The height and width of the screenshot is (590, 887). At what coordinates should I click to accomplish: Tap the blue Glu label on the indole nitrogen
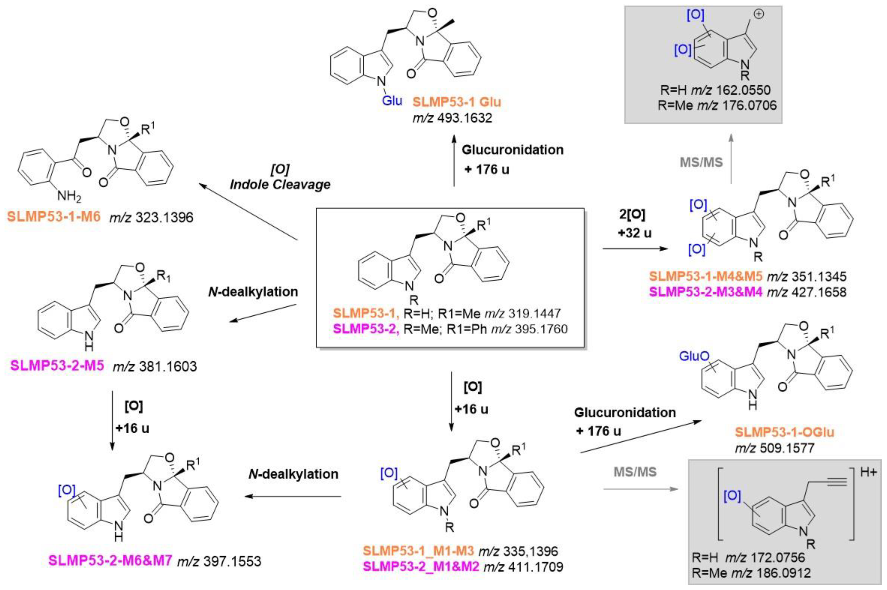(x=392, y=100)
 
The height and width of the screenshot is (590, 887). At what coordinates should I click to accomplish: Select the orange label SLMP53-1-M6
(x=54, y=217)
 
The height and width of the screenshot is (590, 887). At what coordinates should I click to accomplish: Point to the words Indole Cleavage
(x=280, y=184)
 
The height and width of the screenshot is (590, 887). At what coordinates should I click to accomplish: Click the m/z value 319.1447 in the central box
(x=535, y=313)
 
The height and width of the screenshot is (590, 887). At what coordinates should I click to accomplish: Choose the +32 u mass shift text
(x=634, y=233)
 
